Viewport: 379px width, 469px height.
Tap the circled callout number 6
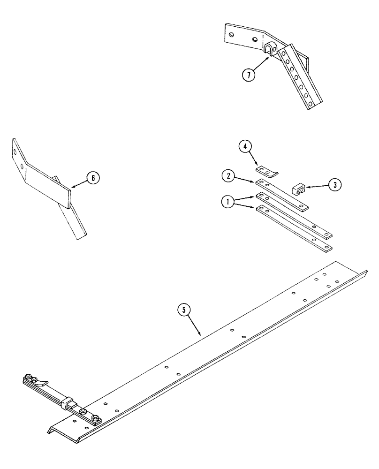coord(93,178)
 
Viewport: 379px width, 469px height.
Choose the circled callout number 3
coord(334,184)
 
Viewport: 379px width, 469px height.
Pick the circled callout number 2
coord(228,177)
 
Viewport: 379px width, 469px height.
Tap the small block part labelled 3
coord(298,189)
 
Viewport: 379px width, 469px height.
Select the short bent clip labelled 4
coord(266,170)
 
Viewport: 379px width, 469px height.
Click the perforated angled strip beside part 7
coord(298,77)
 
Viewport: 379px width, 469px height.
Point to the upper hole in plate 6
coord(16,152)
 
